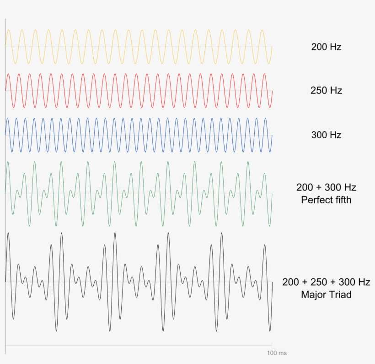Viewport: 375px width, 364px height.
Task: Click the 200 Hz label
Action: [327, 47]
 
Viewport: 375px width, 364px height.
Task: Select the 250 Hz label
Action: [327, 91]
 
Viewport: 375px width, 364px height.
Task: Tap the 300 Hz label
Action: [327, 135]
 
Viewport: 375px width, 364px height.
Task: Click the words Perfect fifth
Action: [327, 200]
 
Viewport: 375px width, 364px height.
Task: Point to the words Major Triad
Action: [327, 294]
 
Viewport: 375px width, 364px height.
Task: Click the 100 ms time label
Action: [277, 353]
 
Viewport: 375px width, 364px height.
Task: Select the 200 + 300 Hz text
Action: [327, 187]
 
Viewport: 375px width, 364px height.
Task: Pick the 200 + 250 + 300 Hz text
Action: [326, 282]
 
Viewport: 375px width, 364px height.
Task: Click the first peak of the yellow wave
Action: [9, 30]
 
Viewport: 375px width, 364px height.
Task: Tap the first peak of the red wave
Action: [8, 74]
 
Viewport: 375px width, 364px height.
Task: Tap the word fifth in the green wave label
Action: [341, 200]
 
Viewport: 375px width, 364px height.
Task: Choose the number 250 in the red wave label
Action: [319, 91]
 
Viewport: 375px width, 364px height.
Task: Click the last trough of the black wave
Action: [270, 331]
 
